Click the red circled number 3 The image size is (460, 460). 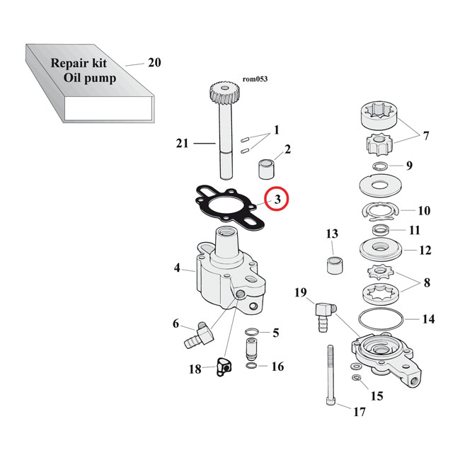pyautogui.click(x=277, y=200)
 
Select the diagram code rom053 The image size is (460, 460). pyautogui.click(x=257, y=79)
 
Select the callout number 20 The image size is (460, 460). pyautogui.click(x=154, y=63)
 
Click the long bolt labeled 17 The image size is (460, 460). pyautogui.click(x=330, y=375)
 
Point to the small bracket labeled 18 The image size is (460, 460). pyautogui.click(x=224, y=367)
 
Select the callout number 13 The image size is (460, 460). pyautogui.click(x=332, y=234)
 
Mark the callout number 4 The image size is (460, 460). pyautogui.click(x=178, y=268)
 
